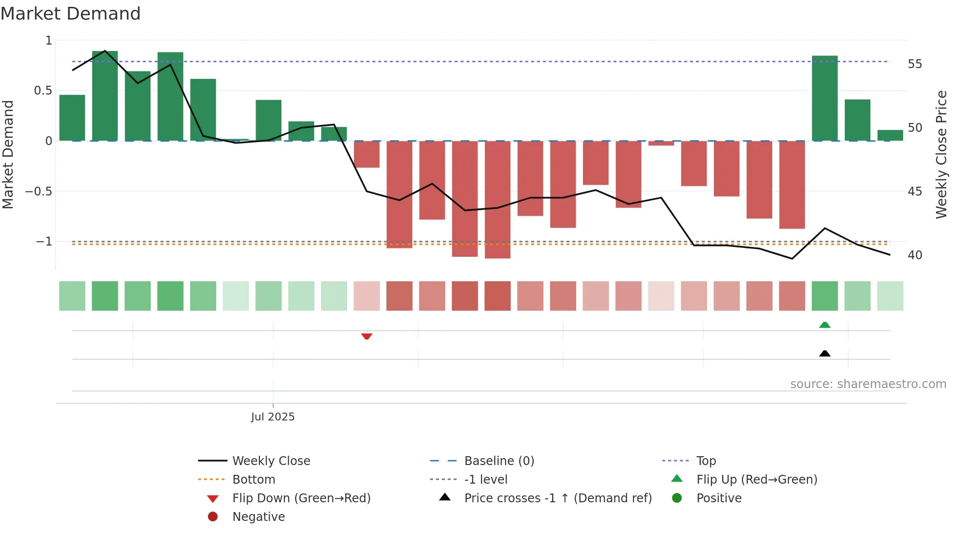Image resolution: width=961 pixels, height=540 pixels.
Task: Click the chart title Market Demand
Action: click(71, 14)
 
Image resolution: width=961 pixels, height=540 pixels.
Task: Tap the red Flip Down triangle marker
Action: click(367, 336)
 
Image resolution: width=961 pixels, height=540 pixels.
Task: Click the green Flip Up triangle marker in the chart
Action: click(825, 325)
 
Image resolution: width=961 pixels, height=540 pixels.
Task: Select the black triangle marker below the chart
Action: click(825, 353)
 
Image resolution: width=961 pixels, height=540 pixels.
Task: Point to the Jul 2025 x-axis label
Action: click(273, 417)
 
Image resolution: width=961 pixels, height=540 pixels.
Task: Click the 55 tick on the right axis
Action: click(914, 64)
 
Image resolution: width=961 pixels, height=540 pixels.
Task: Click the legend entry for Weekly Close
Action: click(271, 461)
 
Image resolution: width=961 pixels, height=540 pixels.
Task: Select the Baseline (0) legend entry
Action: click(499, 461)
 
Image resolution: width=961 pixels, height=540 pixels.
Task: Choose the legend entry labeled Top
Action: click(706, 461)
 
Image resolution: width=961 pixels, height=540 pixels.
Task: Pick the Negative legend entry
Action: click(258, 517)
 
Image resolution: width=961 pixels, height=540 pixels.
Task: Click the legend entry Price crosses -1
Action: click(557, 498)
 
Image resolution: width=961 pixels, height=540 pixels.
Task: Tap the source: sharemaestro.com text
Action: click(868, 384)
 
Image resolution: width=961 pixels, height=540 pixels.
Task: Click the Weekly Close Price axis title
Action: click(941, 154)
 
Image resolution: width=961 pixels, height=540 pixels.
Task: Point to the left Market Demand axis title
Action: click(8, 154)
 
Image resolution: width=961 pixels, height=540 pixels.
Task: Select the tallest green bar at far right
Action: click(825, 98)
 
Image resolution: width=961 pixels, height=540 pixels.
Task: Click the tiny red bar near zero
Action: click(661, 143)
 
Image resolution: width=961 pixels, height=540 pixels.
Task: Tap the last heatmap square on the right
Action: click(890, 296)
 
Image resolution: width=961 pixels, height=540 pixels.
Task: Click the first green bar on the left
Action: click(72, 118)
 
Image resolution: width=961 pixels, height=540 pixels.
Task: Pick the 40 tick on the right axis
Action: click(914, 255)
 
